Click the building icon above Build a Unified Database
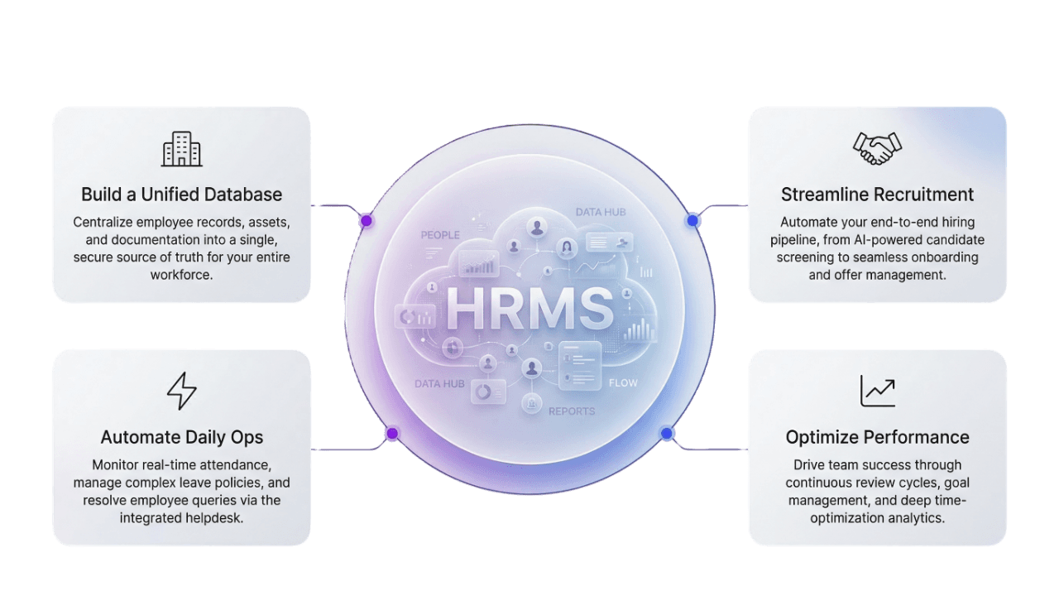(182, 150)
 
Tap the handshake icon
(877, 149)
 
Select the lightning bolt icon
(182, 392)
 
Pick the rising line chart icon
(877, 391)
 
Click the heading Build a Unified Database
(181, 195)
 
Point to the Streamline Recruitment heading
(877, 195)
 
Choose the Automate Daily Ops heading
(182, 437)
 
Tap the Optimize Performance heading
(877, 437)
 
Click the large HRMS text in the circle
(529, 309)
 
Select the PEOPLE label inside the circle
(440, 235)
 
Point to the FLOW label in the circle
(623, 383)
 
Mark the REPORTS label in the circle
(571, 411)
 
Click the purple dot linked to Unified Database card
(366, 221)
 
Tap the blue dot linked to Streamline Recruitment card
(693, 221)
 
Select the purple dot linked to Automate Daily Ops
(392, 434)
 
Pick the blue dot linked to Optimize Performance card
(667, 434)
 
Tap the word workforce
(181, 275)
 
